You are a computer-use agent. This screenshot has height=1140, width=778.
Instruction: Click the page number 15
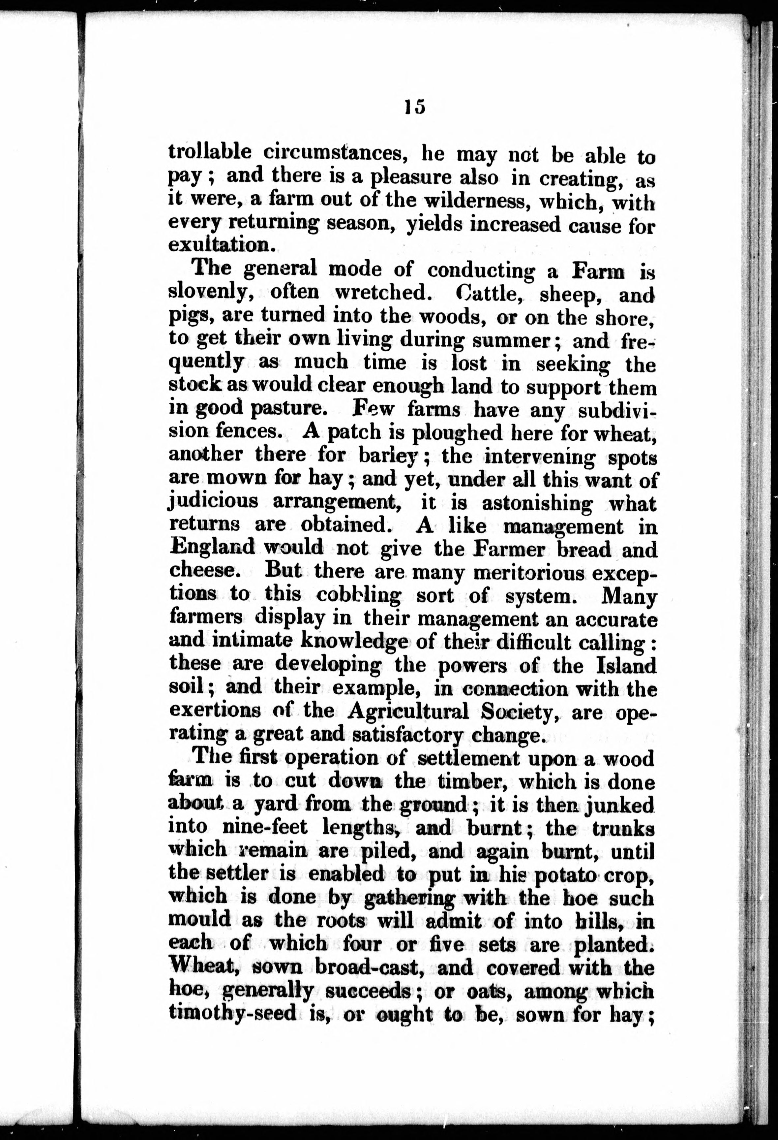click(415, 107)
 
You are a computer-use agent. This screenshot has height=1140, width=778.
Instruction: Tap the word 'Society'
click(520, 712)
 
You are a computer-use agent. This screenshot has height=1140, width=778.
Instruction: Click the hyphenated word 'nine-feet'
click(265, 827)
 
